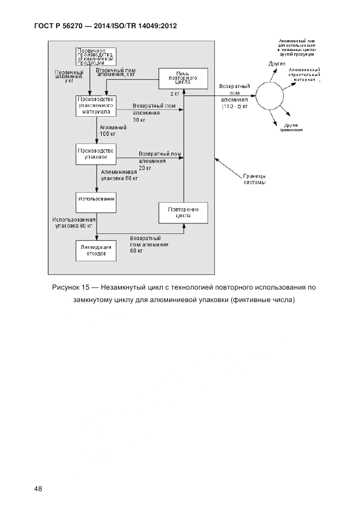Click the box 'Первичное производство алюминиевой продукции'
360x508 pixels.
pyautogui.click(x=96, y=57)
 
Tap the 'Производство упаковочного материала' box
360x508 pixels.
pyautogui.click(x=96, y=105)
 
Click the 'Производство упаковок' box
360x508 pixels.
pyautogui.click(x=96, y=154)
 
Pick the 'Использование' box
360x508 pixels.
pyautogui.click(x=96, y=199)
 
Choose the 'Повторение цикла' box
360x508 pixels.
pyautogui.click(x=183, y=212)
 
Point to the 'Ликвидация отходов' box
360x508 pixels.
pyautogui.click(x=96, y=250)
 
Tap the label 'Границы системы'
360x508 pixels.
pyautogui.click(x=255, y=179)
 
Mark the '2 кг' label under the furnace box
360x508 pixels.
pyautogui.click(x=175, y=94)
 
